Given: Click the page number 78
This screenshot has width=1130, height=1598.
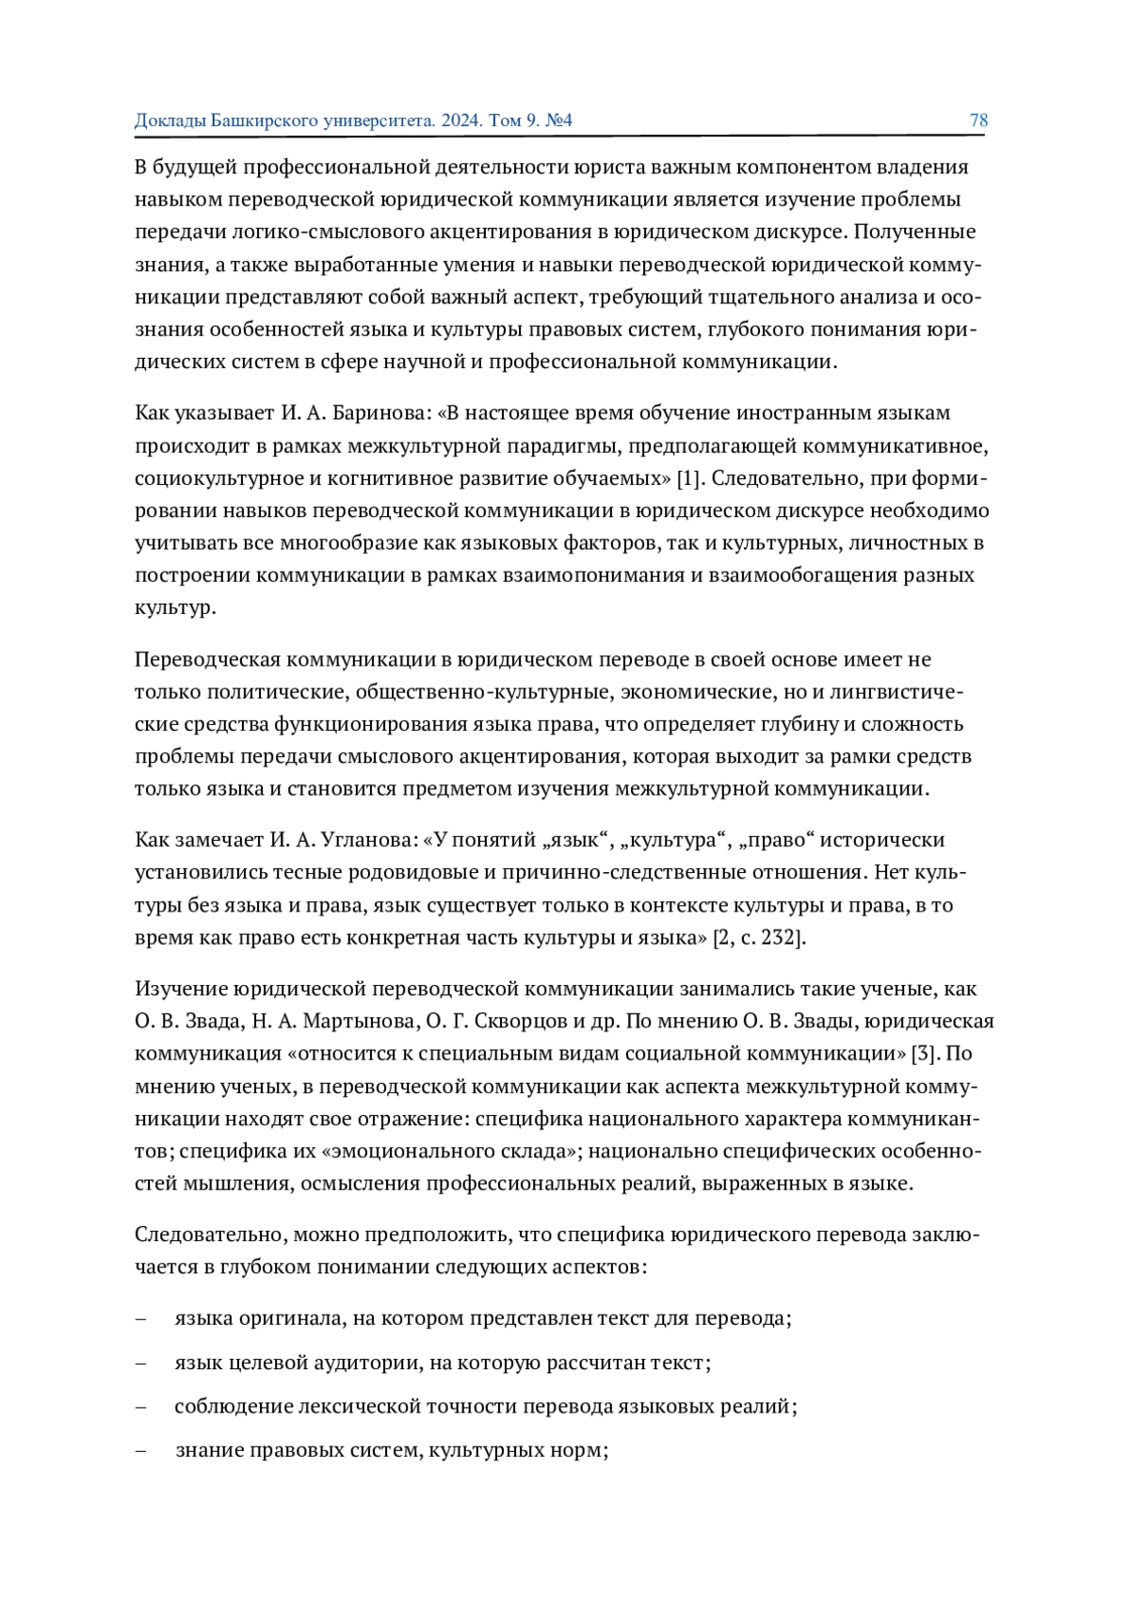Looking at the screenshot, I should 978,121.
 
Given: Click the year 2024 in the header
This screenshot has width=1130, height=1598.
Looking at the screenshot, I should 462,121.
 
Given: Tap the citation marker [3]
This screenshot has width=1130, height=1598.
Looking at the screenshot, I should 930,1053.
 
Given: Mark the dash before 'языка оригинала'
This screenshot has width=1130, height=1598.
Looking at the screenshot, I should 141,1318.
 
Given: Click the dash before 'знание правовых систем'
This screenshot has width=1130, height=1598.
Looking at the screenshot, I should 141,1450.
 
